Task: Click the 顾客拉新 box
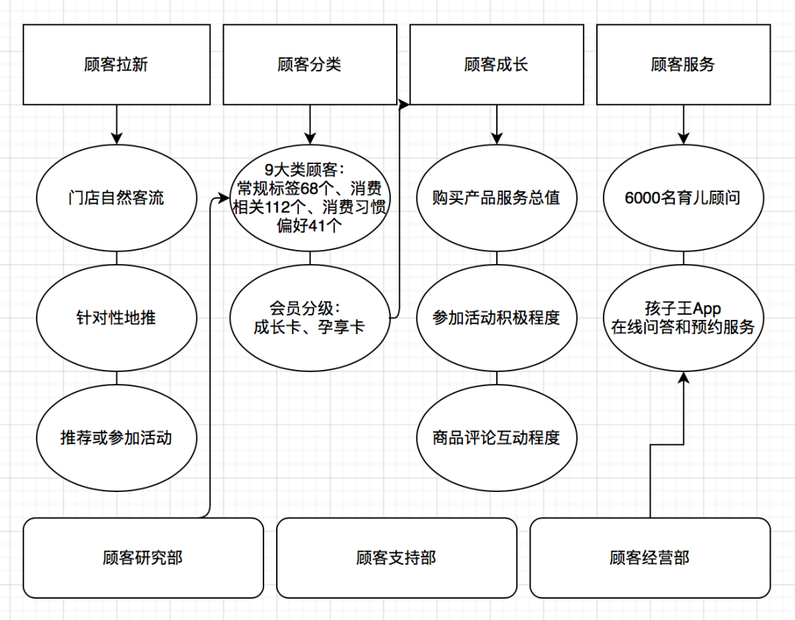tap(116, 65)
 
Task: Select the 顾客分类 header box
tap(309, 65)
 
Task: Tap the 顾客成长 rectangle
tap(496, 65)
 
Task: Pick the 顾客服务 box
tap(683, 65)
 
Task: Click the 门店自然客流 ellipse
tap(116, 199)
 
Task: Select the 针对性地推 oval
tap(116, 318)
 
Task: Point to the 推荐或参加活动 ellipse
tap(116, 438)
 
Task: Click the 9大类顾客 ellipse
tap(309, 199)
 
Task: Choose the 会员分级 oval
tap(309, 318)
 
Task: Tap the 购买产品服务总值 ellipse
tap(496, 199)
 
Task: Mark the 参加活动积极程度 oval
tap(496, 318)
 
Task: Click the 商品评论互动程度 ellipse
tap(496, 438)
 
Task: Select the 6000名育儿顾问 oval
tap(683, 199)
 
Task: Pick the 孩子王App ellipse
tap(683, 318)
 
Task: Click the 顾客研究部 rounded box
tap(143, 557)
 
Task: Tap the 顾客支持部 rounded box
tap(396, 557)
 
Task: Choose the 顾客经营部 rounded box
tap(650, 557)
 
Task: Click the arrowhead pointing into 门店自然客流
tap(116, 138)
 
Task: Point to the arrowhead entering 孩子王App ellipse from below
tap(683, 377)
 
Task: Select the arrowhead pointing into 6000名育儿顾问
tap(683, 138)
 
